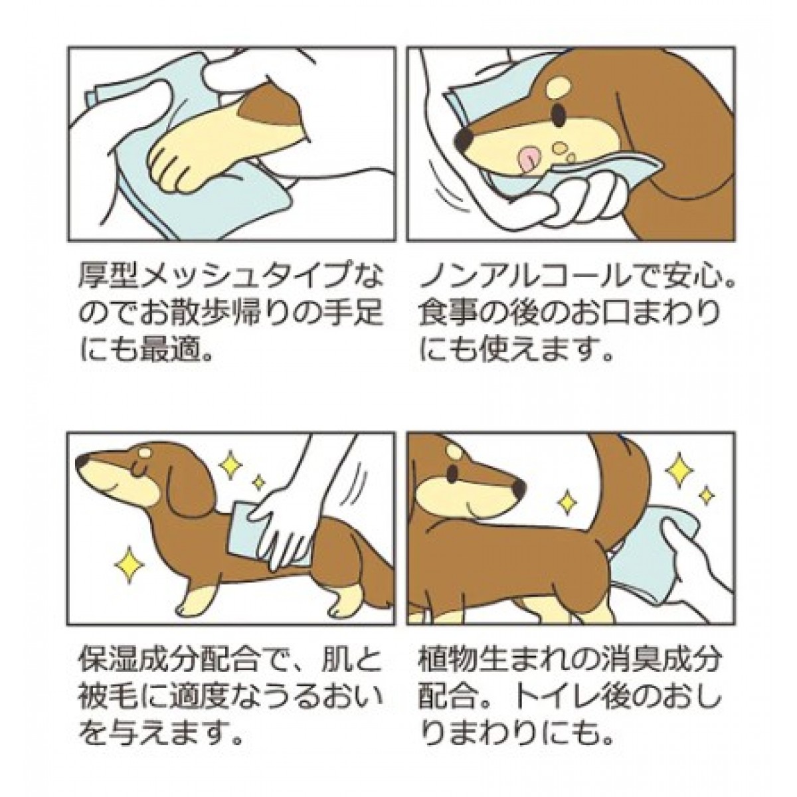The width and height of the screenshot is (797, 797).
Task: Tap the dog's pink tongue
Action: pyautogui.click(x=529, y=159)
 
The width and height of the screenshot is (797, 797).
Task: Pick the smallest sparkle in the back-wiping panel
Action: pyautogui.click(x=258, y=482)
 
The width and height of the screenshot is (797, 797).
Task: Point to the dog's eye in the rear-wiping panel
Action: pyautogui.click(x=454, y=471)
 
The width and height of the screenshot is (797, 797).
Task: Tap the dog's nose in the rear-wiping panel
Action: pyautogui.click(x=519, y=489)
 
